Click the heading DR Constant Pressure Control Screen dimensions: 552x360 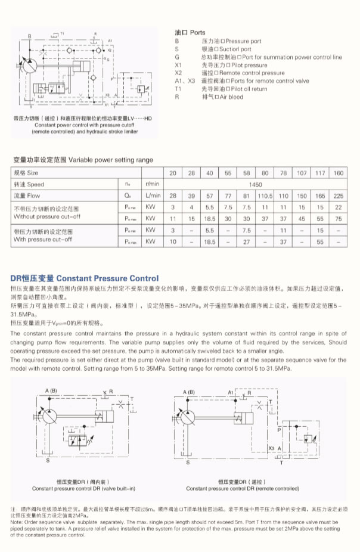point(85,278)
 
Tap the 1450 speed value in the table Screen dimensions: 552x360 point(256,184)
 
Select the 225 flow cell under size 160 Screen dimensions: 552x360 point(339,195)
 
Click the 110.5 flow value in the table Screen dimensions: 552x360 point(265,195)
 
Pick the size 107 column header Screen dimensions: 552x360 point(302,173)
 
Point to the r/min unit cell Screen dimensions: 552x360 point(152,184)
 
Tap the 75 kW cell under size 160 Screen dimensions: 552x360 point(339,218)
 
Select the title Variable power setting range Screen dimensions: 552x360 point(83,160)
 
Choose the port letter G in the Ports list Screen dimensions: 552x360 point(177,57)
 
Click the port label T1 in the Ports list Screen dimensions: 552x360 point(178,89)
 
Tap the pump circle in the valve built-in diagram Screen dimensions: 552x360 point(54,416)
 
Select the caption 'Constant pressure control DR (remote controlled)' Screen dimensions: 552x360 point(242,488)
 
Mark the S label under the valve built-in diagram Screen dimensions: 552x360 point(48,460)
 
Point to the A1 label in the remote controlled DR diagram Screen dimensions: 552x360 point(232,392)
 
